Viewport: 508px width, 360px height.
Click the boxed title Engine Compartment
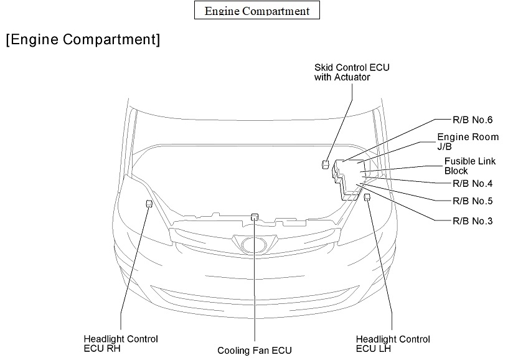tap(256, 11)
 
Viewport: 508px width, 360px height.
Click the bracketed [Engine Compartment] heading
tap(83, 40)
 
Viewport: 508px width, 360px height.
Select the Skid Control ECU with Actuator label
tap(352, 72)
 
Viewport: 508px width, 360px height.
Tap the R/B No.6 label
tap(473, 120)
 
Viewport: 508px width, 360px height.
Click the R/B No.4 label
tap(473, 183)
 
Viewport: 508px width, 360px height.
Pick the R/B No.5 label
tap(473, 201)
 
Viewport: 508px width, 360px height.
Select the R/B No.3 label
tap(473, 220)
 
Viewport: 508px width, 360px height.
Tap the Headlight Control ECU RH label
tap(121, 343)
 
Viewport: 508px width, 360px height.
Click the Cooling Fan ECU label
tap(254, 350)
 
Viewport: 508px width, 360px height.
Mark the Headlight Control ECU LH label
tap(393, 343)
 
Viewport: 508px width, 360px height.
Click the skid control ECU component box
tap(326, 164)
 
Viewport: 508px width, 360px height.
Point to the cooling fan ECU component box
tap(254, 217)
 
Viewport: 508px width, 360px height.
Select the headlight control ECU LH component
tap(367, 197)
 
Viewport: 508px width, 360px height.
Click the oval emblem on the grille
tap(254, 245)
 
